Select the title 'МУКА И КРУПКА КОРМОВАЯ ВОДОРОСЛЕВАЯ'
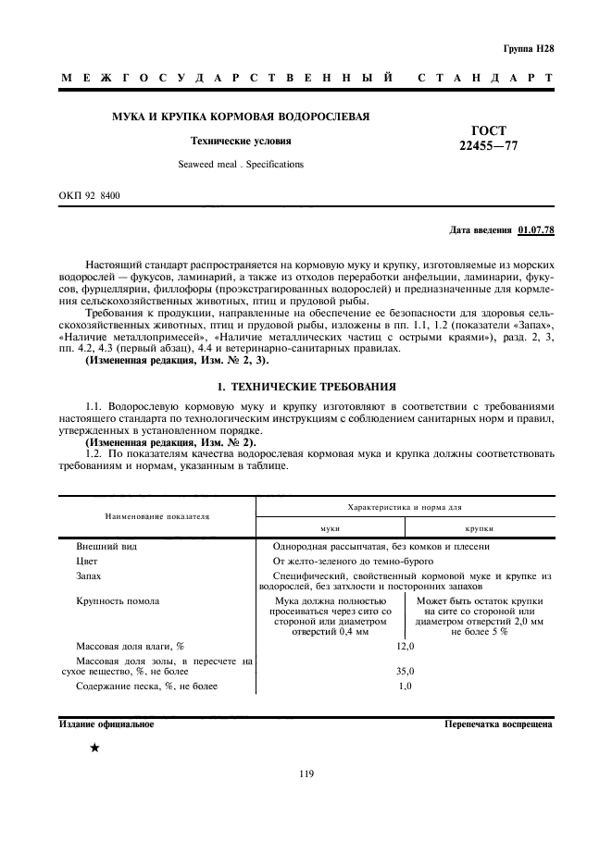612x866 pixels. [x=241, y=118]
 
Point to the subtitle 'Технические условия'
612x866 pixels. [x=241, y=142]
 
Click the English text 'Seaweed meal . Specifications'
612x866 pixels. [x=240, y=164]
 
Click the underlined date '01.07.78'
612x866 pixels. [x=536, y=229]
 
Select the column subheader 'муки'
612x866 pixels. [x=330, y=527]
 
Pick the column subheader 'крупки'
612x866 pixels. [x=479, y=527]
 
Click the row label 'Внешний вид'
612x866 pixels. [x=106, y=547]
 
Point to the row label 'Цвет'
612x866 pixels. [x=87, y=561]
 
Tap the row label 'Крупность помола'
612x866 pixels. [x=118, y=601]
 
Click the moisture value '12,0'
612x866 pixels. [x=405, y=646]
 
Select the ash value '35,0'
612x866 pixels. [x=405, y=671]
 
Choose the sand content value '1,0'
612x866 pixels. [x=405, y=686]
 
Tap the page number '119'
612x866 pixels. [x=306, y=774]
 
